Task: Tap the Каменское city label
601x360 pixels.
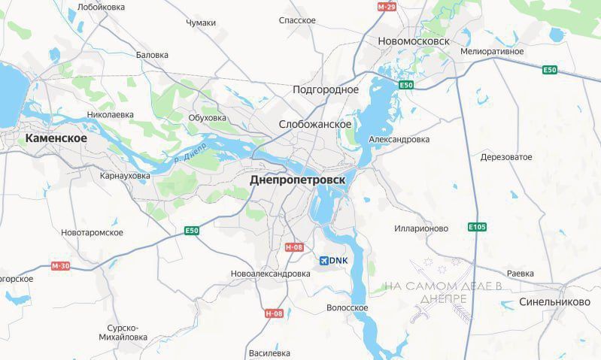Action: pyautogui.click(x=56, y=139)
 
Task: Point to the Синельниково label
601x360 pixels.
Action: pyautogui.click(x=554, y=301)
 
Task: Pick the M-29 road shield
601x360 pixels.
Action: pyautogui.click(x=387, y=7)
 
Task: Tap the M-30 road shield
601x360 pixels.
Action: pyautogui.click(x=61, y=266)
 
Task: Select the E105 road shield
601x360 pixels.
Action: pyautogui.click(x=477, y=226)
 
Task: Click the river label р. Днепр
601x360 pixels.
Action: pyautogui.click(x=190, y=153)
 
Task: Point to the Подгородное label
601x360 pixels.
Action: pyautogui.click(x=326, y=89)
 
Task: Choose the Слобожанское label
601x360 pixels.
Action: pyautogui.click(x=315, y=124)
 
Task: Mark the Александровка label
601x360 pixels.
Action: pyautogui.click(x=399, y=140)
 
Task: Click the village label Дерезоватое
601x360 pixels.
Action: pyautogui.click(x=506, y=157)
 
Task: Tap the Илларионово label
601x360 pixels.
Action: pyautogui.click(x=421, y=228)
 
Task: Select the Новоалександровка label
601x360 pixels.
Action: pyautogui.click(x=271, y=274)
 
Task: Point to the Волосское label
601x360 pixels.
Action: pyautogui.click(x=348, y=308)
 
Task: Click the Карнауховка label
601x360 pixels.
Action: pyautogui.click(x=125, y=176)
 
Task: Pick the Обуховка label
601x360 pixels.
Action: pyautogui.click(x=207, y=118)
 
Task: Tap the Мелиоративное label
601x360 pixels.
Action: pyautogui.click(x=492, y=51)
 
